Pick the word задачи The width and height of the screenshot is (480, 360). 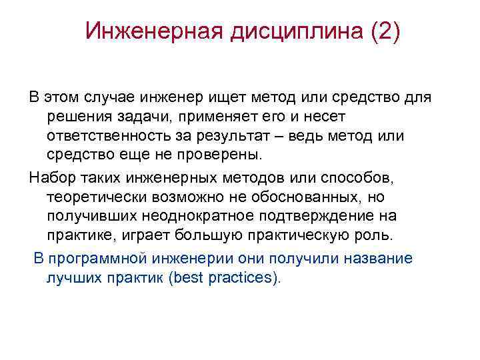(143, 117)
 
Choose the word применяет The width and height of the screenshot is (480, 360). (215, 117)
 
